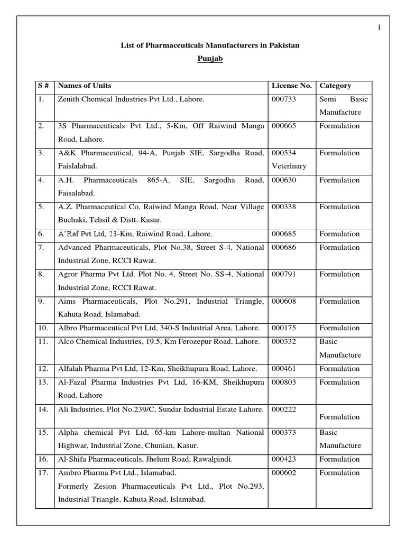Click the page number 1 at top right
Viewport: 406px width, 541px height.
379,27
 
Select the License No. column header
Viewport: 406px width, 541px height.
291,86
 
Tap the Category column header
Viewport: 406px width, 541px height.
335,86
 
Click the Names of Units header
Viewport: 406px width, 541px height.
85,86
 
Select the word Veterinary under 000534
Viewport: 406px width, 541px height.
289,166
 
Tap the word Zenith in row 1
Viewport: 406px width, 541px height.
69,99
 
